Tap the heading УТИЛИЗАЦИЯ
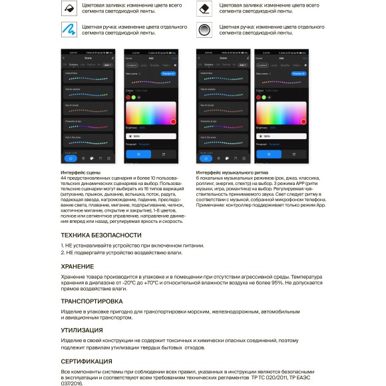[81, 330]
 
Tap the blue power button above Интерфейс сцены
[71, 158]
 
